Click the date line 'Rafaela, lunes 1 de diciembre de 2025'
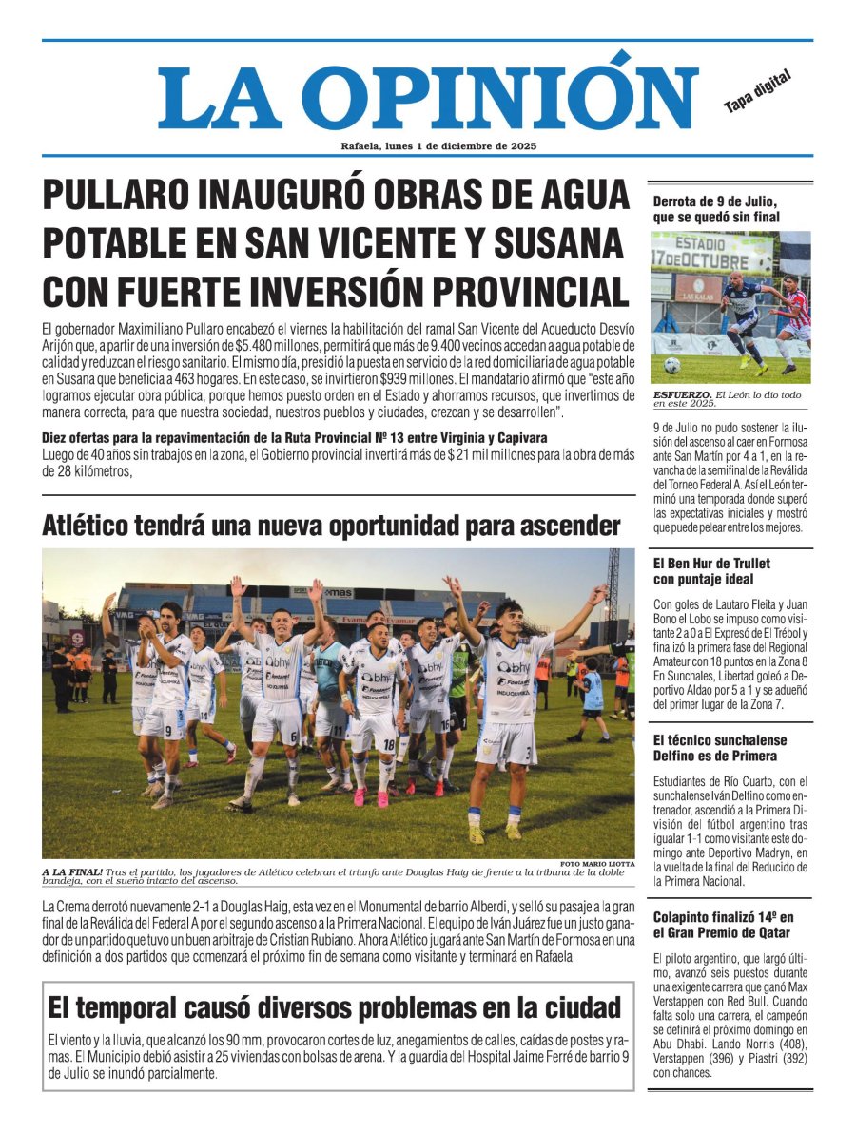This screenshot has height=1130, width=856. [x=438, y=146]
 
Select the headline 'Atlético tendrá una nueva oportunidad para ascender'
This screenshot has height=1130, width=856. [x=330, y=526]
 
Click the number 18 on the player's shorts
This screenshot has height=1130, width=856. [x=387, y=744]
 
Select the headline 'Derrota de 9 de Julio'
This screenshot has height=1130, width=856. [x=715, y=209]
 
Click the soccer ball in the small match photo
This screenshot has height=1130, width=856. [x=671, y=366]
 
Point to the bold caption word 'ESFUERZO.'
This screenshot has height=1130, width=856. [x=682, y=394]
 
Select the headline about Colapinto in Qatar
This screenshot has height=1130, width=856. [x=723, y=925]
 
